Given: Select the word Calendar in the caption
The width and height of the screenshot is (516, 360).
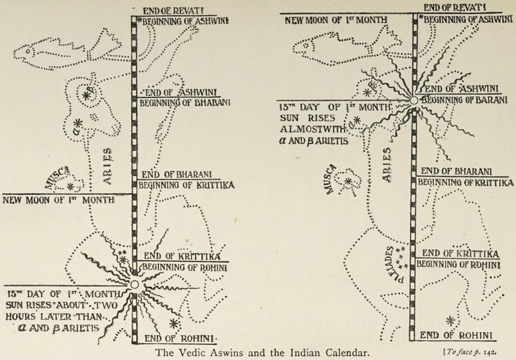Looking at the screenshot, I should coord(335,352).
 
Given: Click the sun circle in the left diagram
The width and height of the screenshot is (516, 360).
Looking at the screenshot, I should coord(134,284).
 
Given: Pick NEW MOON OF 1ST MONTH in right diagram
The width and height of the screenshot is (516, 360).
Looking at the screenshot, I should coord(337,19).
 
